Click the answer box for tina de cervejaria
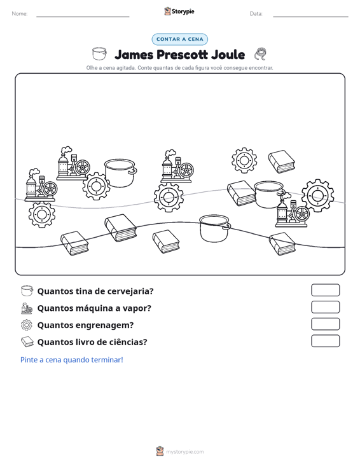point(325,290)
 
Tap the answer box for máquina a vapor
point(325,307)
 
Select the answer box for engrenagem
point(325,324)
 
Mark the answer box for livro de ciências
point(325,341)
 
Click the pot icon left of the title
point(99,53)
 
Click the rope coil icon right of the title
point(260,54)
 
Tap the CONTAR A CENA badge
point(179,39)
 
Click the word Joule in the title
point(228,55)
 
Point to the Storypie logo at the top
point(179,11)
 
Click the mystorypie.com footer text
point(184,452)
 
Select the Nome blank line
point(83,17)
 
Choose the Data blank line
point(310,17)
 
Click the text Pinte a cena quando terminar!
point(72,360)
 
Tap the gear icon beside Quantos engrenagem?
point(27,325)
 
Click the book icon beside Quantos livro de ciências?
point(27,342)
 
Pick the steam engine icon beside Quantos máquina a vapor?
point(27,308)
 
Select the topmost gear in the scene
point(244,160)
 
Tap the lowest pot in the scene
point(215,228)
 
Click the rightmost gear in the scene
point(317,196)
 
